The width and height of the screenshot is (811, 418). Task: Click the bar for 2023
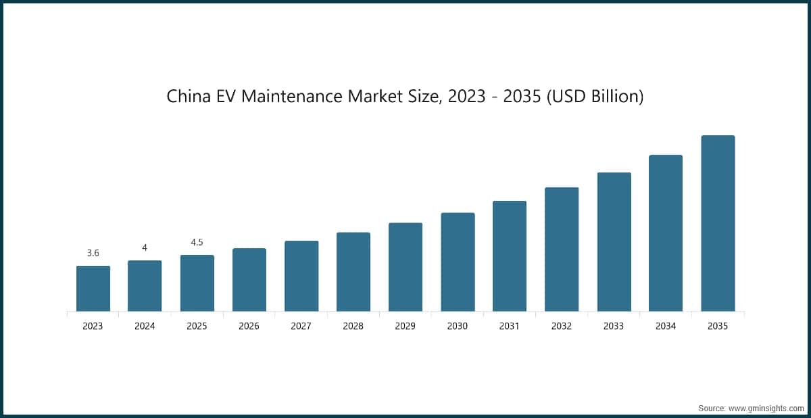93,289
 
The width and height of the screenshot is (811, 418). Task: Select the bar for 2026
249,280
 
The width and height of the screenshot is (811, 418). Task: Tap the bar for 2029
405,267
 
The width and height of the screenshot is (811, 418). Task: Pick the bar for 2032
562,250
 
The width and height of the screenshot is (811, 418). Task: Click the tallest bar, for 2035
718,223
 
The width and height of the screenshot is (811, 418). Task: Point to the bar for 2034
666,233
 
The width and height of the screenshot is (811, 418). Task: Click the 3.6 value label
93,253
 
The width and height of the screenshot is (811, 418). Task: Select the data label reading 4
145,248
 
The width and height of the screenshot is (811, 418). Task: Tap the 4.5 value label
197,242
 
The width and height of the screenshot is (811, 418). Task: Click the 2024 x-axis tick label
145,326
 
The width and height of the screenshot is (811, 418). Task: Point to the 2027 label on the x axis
301,326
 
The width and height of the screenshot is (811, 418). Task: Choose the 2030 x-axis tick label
458,326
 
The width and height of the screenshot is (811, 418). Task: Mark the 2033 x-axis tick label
614,326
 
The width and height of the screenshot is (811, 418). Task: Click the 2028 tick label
353,326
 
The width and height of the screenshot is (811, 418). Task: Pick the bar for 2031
510,256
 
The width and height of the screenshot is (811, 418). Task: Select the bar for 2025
197,283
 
